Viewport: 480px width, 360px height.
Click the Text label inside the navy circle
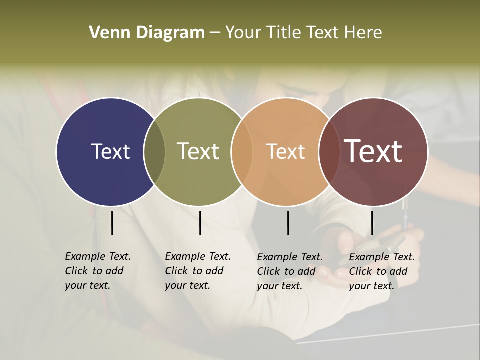tap(110, 151)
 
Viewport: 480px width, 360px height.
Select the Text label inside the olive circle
tap(198, 151)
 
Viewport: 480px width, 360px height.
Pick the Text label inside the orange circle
tap(285, 151)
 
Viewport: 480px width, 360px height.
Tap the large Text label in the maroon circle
tap(373, 151)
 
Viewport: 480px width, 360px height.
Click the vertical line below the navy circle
tap(112, 223)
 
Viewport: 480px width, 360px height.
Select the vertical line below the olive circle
tap(200, 223)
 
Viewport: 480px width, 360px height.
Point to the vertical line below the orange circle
tap(288, 223)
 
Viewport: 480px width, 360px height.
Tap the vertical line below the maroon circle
tap(372, 223)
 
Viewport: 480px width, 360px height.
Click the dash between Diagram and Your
tap(215, 33)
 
